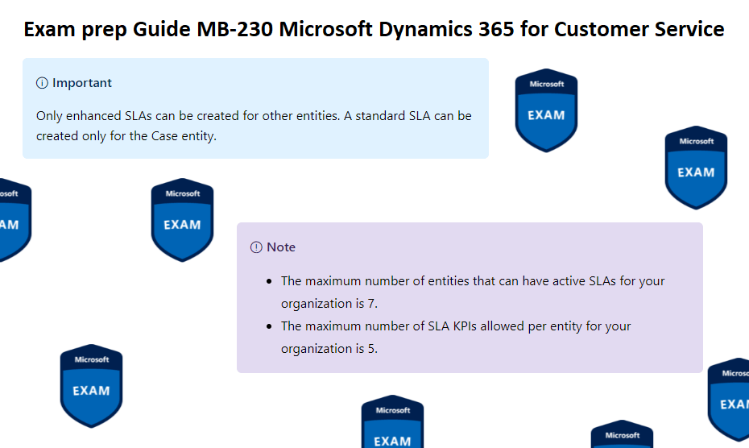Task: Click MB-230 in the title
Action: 239,30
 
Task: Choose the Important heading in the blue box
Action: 82,83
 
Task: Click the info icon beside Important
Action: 43,83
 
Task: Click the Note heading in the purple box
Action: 281,247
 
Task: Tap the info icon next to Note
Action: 256,247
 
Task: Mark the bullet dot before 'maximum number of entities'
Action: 269,282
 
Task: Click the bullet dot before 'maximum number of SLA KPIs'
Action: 269,327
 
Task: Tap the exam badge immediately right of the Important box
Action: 546,110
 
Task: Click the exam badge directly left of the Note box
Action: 182,219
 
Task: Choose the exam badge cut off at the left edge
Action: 12,219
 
